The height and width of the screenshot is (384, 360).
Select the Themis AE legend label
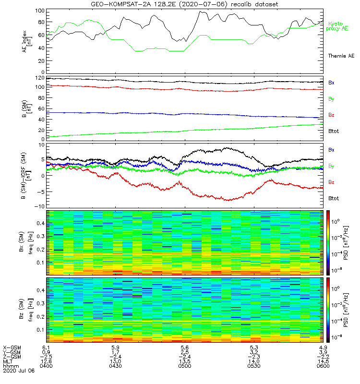coord(341,56)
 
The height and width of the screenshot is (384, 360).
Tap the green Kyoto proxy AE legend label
coord(340,26)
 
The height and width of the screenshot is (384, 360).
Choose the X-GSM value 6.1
coord(46,347)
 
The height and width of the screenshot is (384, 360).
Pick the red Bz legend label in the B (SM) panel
coord(331,115)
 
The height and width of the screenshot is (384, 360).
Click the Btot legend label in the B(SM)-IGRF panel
coord(333,198)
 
